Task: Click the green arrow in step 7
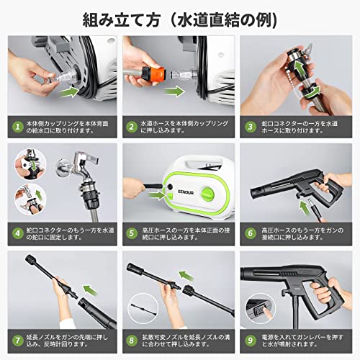coord(87,292)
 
